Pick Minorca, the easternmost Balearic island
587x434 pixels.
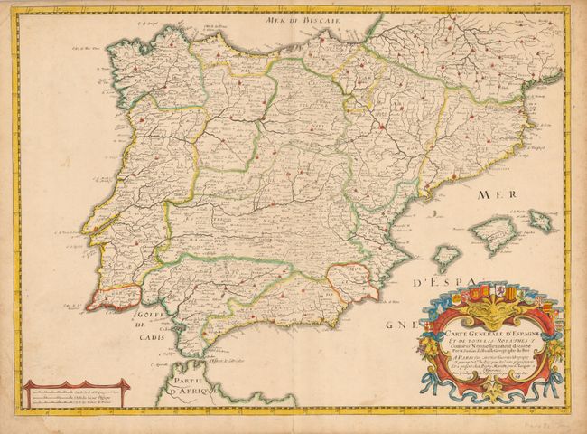[540, 218]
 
